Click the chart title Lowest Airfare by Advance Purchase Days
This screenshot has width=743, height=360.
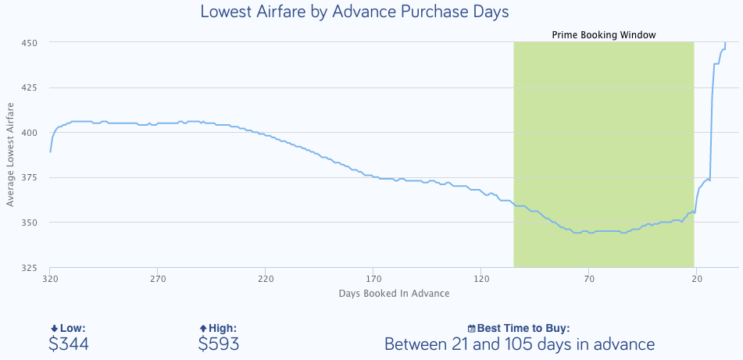pyautogui.click(x=355, y=12)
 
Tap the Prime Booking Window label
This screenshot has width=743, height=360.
pyautogui.click(x=603, y=35)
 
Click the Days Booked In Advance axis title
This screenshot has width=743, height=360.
pyautogui.click(x=394, y=294)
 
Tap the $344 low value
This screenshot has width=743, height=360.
pyautogui.click(x=68, y=344)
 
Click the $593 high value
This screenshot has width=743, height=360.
pyautogui.click(x=219, y=344)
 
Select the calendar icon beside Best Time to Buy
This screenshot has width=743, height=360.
pyautogui.click(x=471, y=329)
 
